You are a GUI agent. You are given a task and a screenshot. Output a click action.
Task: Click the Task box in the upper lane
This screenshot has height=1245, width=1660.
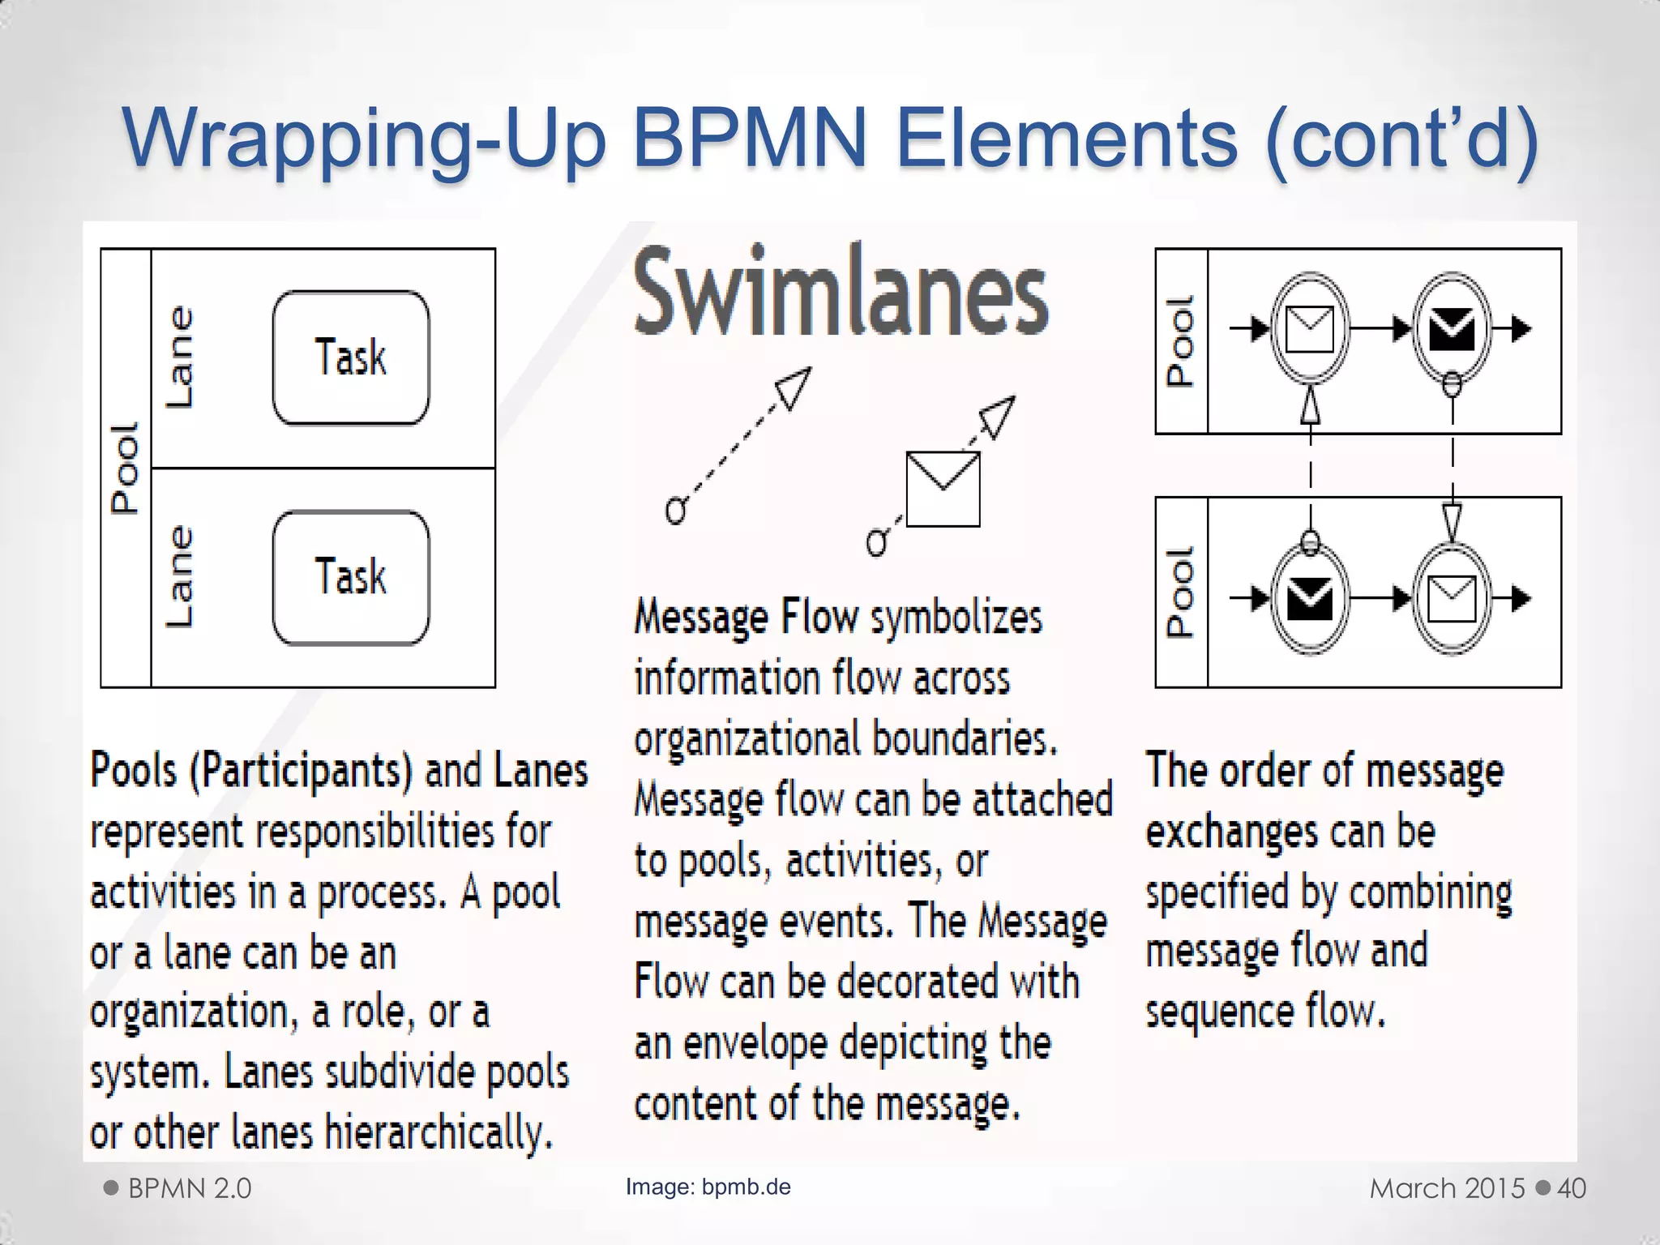351,357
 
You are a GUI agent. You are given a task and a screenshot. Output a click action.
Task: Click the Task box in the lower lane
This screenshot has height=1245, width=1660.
351,577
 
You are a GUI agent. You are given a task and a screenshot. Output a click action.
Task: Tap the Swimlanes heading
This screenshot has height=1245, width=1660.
841,292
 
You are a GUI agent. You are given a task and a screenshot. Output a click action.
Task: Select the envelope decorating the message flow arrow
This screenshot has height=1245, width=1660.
943,489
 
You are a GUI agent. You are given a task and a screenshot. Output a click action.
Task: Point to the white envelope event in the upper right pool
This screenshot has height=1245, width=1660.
1310,329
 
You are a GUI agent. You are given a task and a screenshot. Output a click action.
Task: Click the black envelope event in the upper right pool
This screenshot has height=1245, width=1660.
1452,329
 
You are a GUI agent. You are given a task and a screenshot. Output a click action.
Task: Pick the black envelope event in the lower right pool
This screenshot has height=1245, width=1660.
1310,599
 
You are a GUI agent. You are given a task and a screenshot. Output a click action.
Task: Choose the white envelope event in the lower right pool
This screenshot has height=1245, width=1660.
1452,599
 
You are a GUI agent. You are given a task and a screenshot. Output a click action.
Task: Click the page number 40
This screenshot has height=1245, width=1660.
1572,1188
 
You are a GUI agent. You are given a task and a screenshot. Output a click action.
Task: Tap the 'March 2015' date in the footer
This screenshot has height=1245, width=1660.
1447,1188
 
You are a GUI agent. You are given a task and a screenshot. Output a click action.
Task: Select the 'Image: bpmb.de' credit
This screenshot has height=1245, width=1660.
708,1187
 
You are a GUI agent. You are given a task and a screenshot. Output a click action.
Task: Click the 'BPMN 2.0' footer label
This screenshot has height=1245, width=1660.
190,1188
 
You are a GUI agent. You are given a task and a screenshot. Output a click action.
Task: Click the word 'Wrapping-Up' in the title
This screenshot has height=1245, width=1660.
365,139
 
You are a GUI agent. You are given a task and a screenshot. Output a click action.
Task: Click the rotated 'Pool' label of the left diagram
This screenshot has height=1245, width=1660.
126,468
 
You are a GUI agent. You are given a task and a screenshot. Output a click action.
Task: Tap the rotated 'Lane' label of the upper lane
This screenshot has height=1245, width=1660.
179,357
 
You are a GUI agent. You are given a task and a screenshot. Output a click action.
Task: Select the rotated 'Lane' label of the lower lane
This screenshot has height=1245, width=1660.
179,577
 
